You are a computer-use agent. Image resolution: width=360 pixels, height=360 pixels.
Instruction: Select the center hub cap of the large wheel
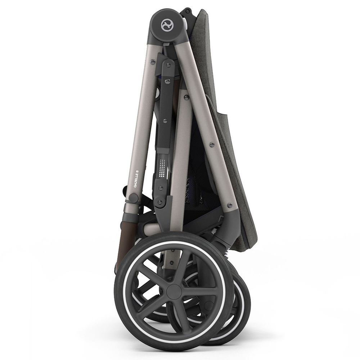(x=175, y=291)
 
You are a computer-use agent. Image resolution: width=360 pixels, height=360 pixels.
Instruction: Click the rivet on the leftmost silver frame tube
(x=153, y=62)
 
